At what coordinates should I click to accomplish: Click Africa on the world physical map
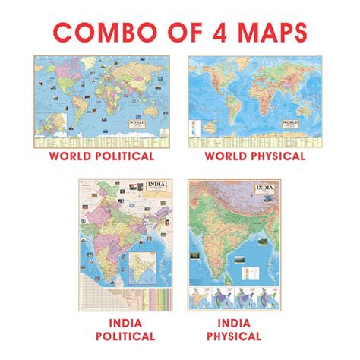point(251,99)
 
